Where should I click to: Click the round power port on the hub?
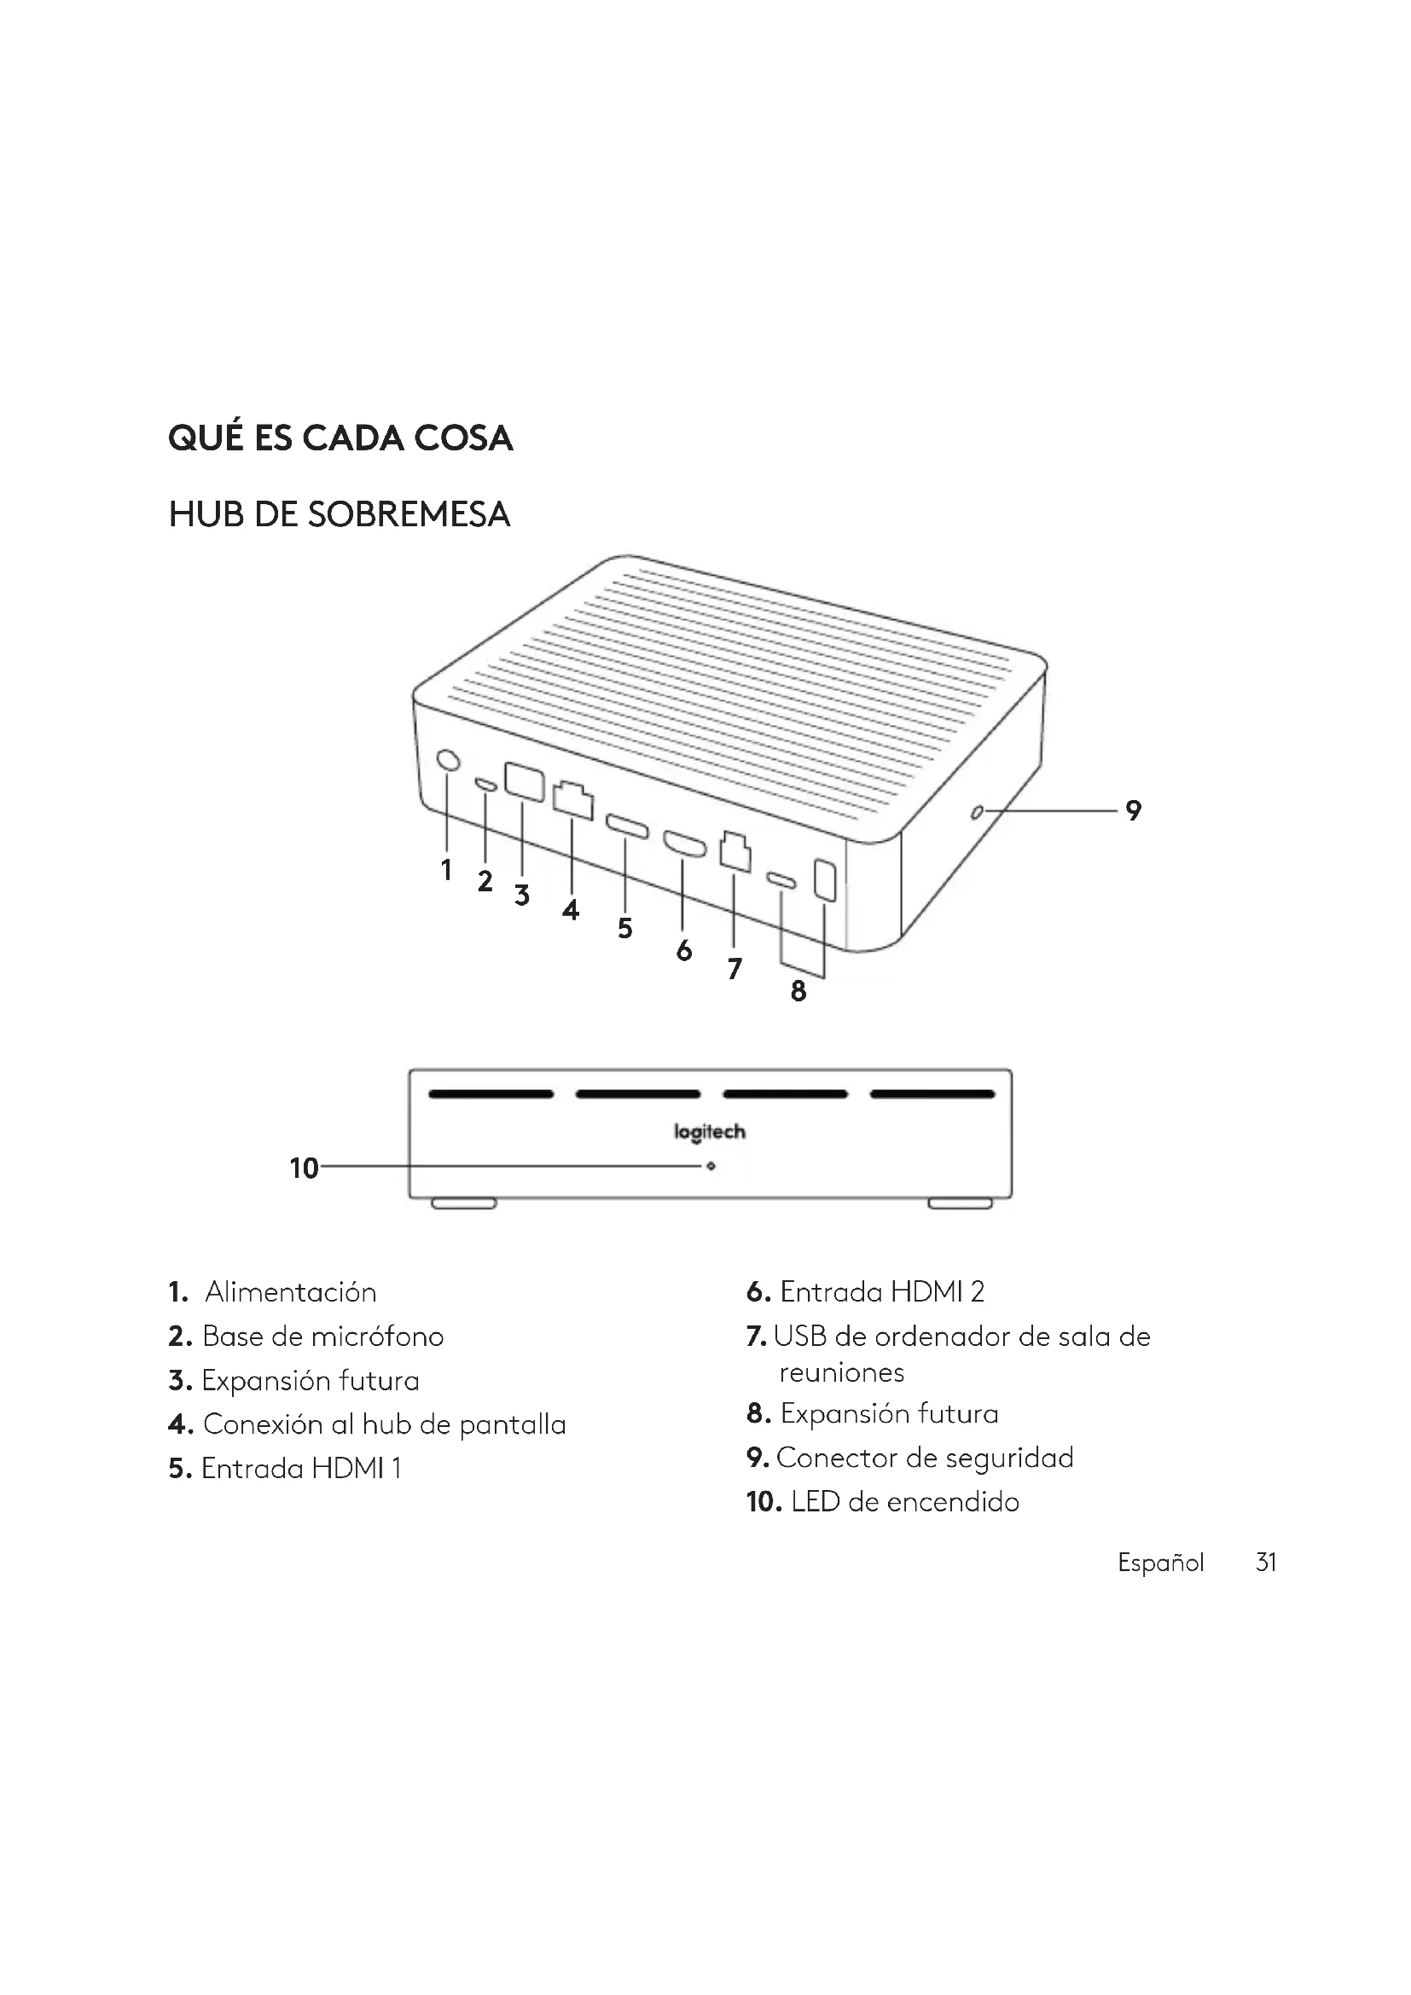(448, 760)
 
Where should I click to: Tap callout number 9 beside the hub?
(1133, 810)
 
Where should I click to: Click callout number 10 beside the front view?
(304, 1169)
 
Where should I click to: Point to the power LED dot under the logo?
(711, 1166)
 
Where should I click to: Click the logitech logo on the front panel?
(710, 1131)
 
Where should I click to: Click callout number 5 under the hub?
(624, 928)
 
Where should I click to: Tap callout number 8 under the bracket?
(798, 990)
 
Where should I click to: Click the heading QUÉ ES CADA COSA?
(340, 438)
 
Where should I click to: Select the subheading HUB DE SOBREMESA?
(339, 515)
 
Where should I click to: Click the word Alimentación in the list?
(290, 1292)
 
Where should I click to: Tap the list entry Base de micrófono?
(322, 1337)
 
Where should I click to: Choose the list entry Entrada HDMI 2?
(881, 1292)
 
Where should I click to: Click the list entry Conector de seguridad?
(925, 1457)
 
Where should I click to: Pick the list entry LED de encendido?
(904, 1501)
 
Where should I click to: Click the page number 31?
(1266, 1563)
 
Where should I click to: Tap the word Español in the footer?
(1160, 1563)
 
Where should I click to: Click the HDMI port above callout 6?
(685, 844)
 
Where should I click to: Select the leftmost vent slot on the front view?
(491, 1094)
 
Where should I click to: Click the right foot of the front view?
(960, 1203)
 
